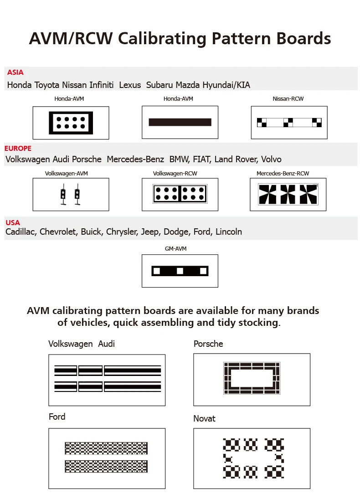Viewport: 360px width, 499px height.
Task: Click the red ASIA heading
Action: (x=15, y=72)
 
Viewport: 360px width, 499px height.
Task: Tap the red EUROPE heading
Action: (x=18, y=149)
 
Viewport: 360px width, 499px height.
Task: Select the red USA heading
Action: (x=13, y=222)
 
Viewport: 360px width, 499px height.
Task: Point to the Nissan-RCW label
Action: (x=288, y=99)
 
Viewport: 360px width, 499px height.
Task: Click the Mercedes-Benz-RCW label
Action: (x=283, y=174)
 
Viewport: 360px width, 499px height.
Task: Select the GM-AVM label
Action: (x=175, y=249)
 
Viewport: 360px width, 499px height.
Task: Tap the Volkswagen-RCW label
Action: (x=175, y=174)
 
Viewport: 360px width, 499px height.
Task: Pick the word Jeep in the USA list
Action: (x=150, y=232)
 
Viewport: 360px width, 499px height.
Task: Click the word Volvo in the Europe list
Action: (x=271, y=159)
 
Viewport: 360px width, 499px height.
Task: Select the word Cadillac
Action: (x=21, y=232)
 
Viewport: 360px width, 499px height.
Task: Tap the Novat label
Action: (x=204, y=418)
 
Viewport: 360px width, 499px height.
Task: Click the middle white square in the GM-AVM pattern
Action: (x=180, y=271)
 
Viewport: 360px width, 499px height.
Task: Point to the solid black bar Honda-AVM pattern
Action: (x=180, y=122)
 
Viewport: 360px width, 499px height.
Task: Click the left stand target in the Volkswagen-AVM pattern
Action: (x=64, y=195)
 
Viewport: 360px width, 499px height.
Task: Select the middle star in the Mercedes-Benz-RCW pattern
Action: (x=288, y=194)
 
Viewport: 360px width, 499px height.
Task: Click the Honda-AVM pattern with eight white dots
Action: (x=71, y=123)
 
